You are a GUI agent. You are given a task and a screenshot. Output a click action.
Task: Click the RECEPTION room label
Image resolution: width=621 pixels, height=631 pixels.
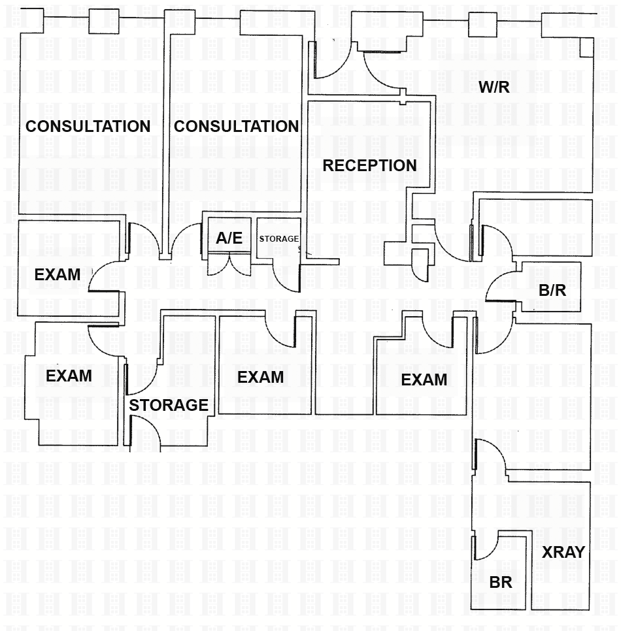(x=369, y=165)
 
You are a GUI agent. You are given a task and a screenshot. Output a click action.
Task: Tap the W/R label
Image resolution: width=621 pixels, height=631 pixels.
(x=494, y=87)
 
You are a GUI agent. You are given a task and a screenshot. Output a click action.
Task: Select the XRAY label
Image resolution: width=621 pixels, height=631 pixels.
(x=563, y=552)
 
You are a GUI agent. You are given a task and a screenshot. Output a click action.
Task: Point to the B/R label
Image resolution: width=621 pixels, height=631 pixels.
(x=552, y=291)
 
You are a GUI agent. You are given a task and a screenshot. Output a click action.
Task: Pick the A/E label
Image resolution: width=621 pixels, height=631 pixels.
(x=229, y=238)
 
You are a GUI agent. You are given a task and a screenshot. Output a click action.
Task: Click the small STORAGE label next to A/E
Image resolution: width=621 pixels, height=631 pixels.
(x=279, y=239)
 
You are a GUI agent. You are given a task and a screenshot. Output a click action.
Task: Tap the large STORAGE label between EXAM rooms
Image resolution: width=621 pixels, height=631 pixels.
(x=169, y=405)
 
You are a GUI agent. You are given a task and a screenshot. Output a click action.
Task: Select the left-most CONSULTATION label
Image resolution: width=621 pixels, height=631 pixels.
(x=88, y=126)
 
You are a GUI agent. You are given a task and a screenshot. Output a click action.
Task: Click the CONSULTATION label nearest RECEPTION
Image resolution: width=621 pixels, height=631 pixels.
(x=237, y=126)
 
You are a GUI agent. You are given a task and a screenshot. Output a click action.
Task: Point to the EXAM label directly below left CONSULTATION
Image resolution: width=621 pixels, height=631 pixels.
(x=58, y=274)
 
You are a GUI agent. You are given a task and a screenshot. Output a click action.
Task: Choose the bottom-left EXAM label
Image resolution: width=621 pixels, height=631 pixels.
(x=69, y=376)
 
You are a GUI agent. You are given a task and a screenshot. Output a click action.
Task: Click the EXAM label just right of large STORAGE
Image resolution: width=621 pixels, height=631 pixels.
(x=260, y=377)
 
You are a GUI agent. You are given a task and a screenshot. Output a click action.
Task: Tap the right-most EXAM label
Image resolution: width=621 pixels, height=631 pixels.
(x=424, y=380)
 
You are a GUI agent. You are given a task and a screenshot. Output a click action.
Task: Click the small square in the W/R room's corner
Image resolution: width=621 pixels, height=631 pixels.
(x=586, y=46)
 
